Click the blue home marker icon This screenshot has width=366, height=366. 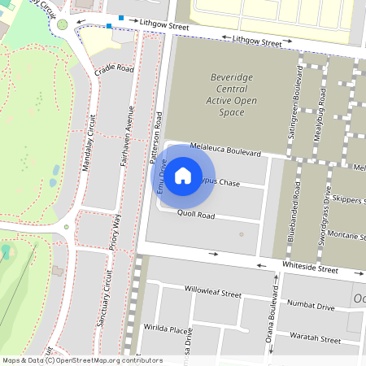tap(183, 175)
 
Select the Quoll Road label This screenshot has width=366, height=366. tap(196, 216)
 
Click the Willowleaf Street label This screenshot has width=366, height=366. tap(213, 291)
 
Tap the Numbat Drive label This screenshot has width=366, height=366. tap(313, 307)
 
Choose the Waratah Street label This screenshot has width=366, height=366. tap(318, 338)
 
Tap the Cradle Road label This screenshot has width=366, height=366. tap(113, 70)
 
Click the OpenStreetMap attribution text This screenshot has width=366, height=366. tap(82, 359)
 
